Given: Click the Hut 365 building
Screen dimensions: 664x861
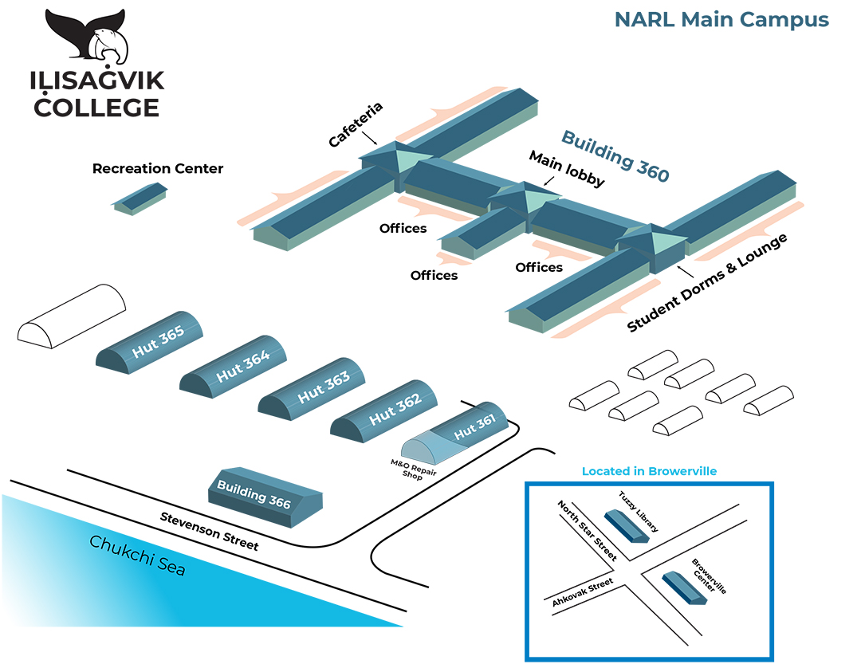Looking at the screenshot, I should click(151, 344).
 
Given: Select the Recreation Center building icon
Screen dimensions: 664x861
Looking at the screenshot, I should click(140, 198).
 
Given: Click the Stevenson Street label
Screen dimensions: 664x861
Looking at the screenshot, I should click(209, 531).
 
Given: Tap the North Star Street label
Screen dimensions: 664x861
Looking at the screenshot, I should click(587, 531).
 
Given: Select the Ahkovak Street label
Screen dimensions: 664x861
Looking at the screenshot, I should click(582, 593).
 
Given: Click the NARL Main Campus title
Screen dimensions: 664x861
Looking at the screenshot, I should click(721, 20).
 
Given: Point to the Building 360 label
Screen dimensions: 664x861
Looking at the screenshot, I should click(615, 155).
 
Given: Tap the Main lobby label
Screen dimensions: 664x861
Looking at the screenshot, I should click(567, 169).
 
